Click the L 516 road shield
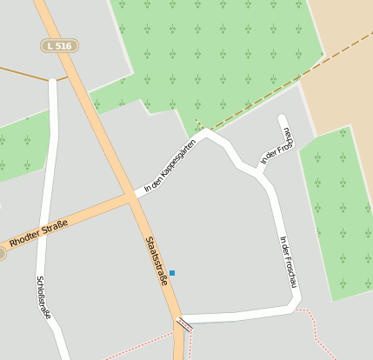[59, 45]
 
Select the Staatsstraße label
[156, 261]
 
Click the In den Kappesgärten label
[170, 165]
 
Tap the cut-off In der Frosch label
[277, 145]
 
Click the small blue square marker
[172, 273]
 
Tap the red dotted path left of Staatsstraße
[139, 344]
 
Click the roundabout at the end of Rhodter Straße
[2, 253]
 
